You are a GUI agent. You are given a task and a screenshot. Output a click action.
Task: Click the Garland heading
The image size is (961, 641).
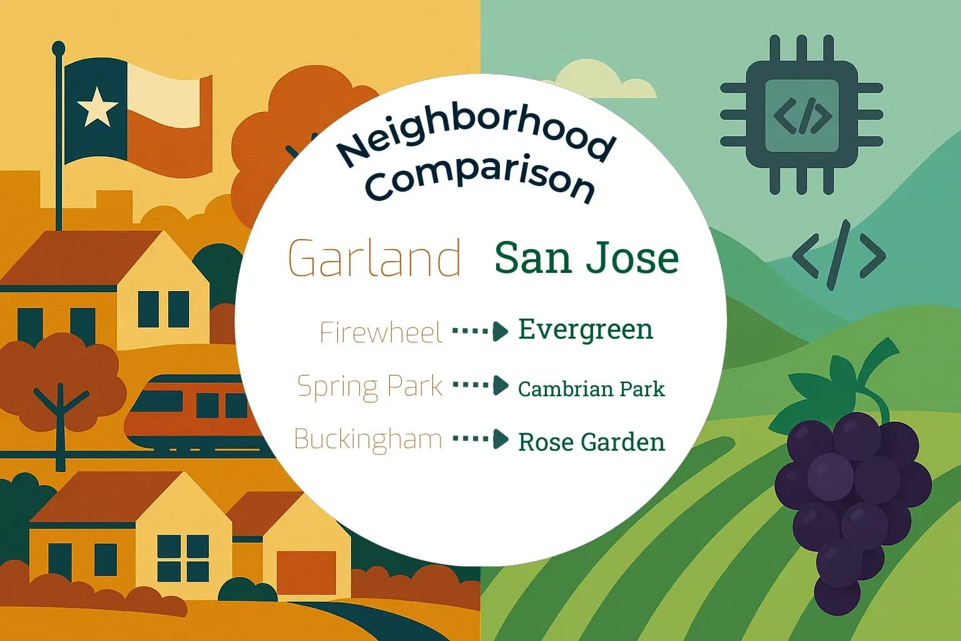[374, 257]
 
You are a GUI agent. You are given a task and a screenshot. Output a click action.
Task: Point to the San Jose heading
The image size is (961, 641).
[586, 257]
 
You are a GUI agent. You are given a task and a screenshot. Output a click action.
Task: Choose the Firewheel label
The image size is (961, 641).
[381, 332]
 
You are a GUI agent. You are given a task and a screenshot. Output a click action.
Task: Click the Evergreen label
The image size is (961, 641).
[586, 330]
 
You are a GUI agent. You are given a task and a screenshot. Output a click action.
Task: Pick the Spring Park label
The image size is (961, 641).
[370, 386]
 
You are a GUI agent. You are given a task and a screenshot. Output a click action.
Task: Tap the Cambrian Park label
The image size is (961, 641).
[591, 389]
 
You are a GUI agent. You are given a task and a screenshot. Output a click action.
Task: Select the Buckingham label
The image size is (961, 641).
[368, 439]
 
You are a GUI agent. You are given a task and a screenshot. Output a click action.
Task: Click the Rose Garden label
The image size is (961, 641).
[591, 442]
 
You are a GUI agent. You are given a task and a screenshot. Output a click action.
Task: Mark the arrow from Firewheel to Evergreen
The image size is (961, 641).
[480, 331]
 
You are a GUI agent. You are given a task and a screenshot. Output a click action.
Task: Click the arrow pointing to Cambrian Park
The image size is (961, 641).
[480, 385]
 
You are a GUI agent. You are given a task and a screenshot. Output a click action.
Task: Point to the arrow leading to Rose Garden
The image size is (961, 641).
[480, 439]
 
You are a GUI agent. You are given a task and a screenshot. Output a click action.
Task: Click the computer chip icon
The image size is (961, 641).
[801, 115]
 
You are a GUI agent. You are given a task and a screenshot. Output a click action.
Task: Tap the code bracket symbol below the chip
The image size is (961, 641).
[839, 255]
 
